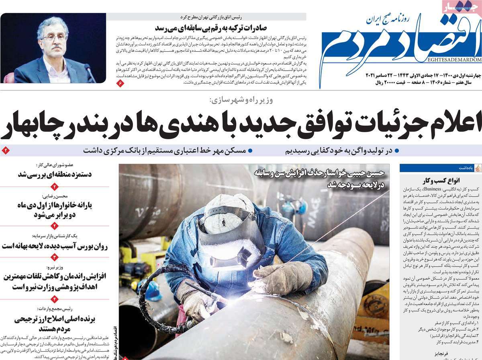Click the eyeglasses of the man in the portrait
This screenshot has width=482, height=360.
[x=53, y=37]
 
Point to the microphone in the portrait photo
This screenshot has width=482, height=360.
[x=89, y=72]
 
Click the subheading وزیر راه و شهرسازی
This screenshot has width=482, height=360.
[x=241, y=100]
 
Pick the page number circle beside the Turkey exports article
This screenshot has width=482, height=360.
[x=120, y=83]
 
